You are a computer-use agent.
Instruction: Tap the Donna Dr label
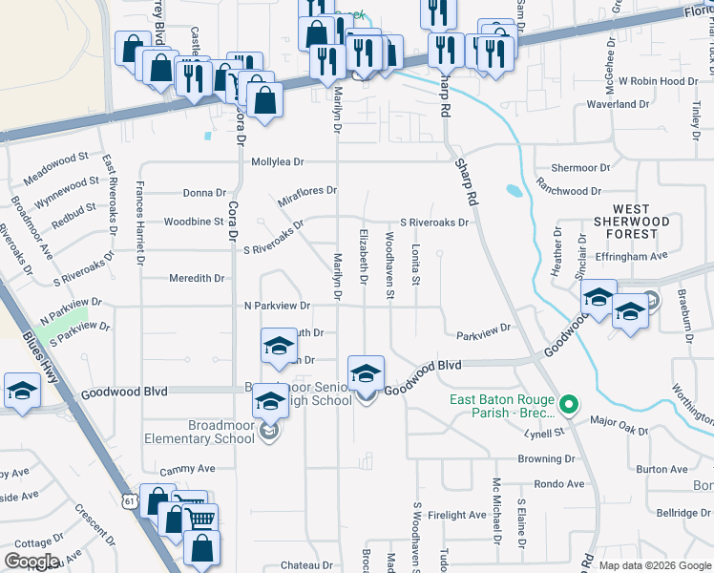(x=203, y=193)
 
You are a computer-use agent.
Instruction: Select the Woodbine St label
(x=194, y=222)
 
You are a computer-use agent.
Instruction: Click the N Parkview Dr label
(x=278, y=307)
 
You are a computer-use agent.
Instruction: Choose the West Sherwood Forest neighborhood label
(x=631, y=221)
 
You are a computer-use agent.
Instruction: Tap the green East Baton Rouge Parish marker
(x=569, y=404)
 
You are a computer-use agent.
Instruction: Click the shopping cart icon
(x=199, y=519)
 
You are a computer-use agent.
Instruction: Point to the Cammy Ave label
(x=188, y=469)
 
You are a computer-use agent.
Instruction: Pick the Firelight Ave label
(x=457, y=516)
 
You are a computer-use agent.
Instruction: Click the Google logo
(x=31, y=562)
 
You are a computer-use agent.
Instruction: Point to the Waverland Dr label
(x=617, y=104)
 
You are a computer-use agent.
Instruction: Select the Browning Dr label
(x=545, y=458)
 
